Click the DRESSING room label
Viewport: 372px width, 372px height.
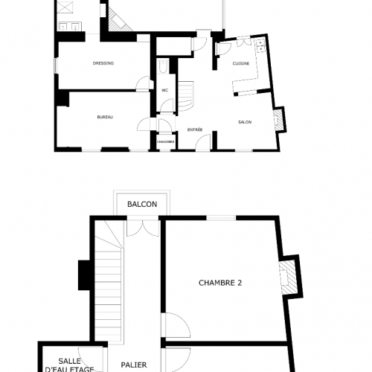103,63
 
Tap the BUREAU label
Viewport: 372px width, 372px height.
105,118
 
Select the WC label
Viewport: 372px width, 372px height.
164,91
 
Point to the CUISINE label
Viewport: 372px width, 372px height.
240,63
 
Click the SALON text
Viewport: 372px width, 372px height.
244,121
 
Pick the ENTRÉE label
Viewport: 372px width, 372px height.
195,129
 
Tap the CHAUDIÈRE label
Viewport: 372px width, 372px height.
165,141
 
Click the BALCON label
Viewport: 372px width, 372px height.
141,204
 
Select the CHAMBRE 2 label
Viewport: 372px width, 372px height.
221,282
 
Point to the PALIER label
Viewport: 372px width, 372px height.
135,365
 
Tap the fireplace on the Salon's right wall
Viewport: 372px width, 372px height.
279,119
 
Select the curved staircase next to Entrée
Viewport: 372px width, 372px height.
187,92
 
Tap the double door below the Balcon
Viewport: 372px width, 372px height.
141,227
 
